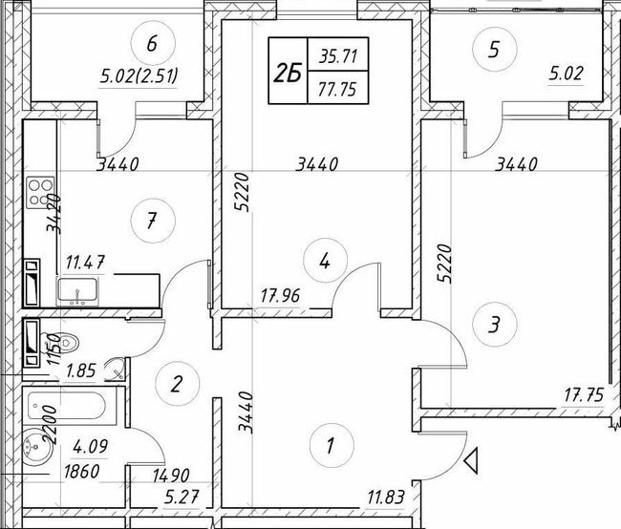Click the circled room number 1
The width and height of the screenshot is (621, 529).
pyautogui.click(x=331, y=446)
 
